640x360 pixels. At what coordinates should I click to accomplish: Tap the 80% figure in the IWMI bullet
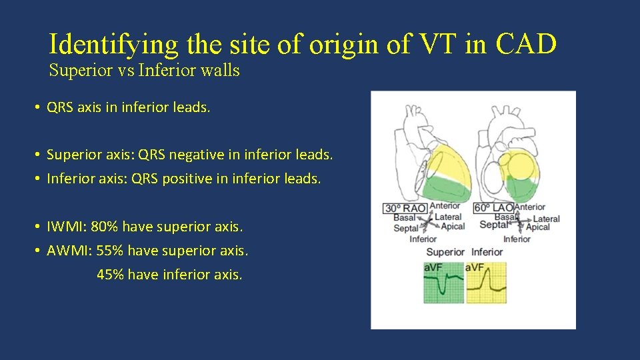click(105, 227)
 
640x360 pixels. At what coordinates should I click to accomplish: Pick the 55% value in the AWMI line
click(109, 251)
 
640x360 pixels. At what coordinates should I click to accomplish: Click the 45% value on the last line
click(109, 274)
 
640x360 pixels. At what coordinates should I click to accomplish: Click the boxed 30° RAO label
click(405, 209)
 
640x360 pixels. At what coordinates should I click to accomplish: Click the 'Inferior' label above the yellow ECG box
click(487, 252)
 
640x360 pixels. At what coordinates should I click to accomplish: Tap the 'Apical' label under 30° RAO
click(453, 227)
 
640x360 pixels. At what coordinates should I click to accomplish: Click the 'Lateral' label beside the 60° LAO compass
click(546, 219)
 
